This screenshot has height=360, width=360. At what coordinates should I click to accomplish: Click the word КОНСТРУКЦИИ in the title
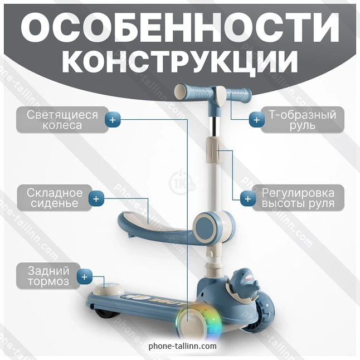point(180,61)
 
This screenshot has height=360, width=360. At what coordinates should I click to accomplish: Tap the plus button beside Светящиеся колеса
point(113,120)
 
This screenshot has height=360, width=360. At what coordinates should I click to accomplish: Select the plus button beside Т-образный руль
point(256,120)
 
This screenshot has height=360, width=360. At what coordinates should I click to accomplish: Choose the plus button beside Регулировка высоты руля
point(248,198)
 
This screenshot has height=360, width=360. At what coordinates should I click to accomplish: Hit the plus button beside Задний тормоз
point(84,276)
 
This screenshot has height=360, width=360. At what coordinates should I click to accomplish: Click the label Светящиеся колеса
point(62,120)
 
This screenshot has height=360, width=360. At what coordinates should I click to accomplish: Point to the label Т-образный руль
point(303,120)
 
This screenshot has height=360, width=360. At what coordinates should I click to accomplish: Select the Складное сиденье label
point(55,198)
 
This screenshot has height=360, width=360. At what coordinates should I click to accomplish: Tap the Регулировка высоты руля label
point(298,198)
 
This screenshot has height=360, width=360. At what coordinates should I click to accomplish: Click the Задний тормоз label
point(48,276)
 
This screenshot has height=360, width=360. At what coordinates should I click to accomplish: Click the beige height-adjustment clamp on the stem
point(214,150)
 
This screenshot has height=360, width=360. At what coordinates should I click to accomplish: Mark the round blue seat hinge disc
point(206,227)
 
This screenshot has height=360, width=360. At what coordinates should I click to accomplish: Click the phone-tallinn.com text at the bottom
point(183,346)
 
